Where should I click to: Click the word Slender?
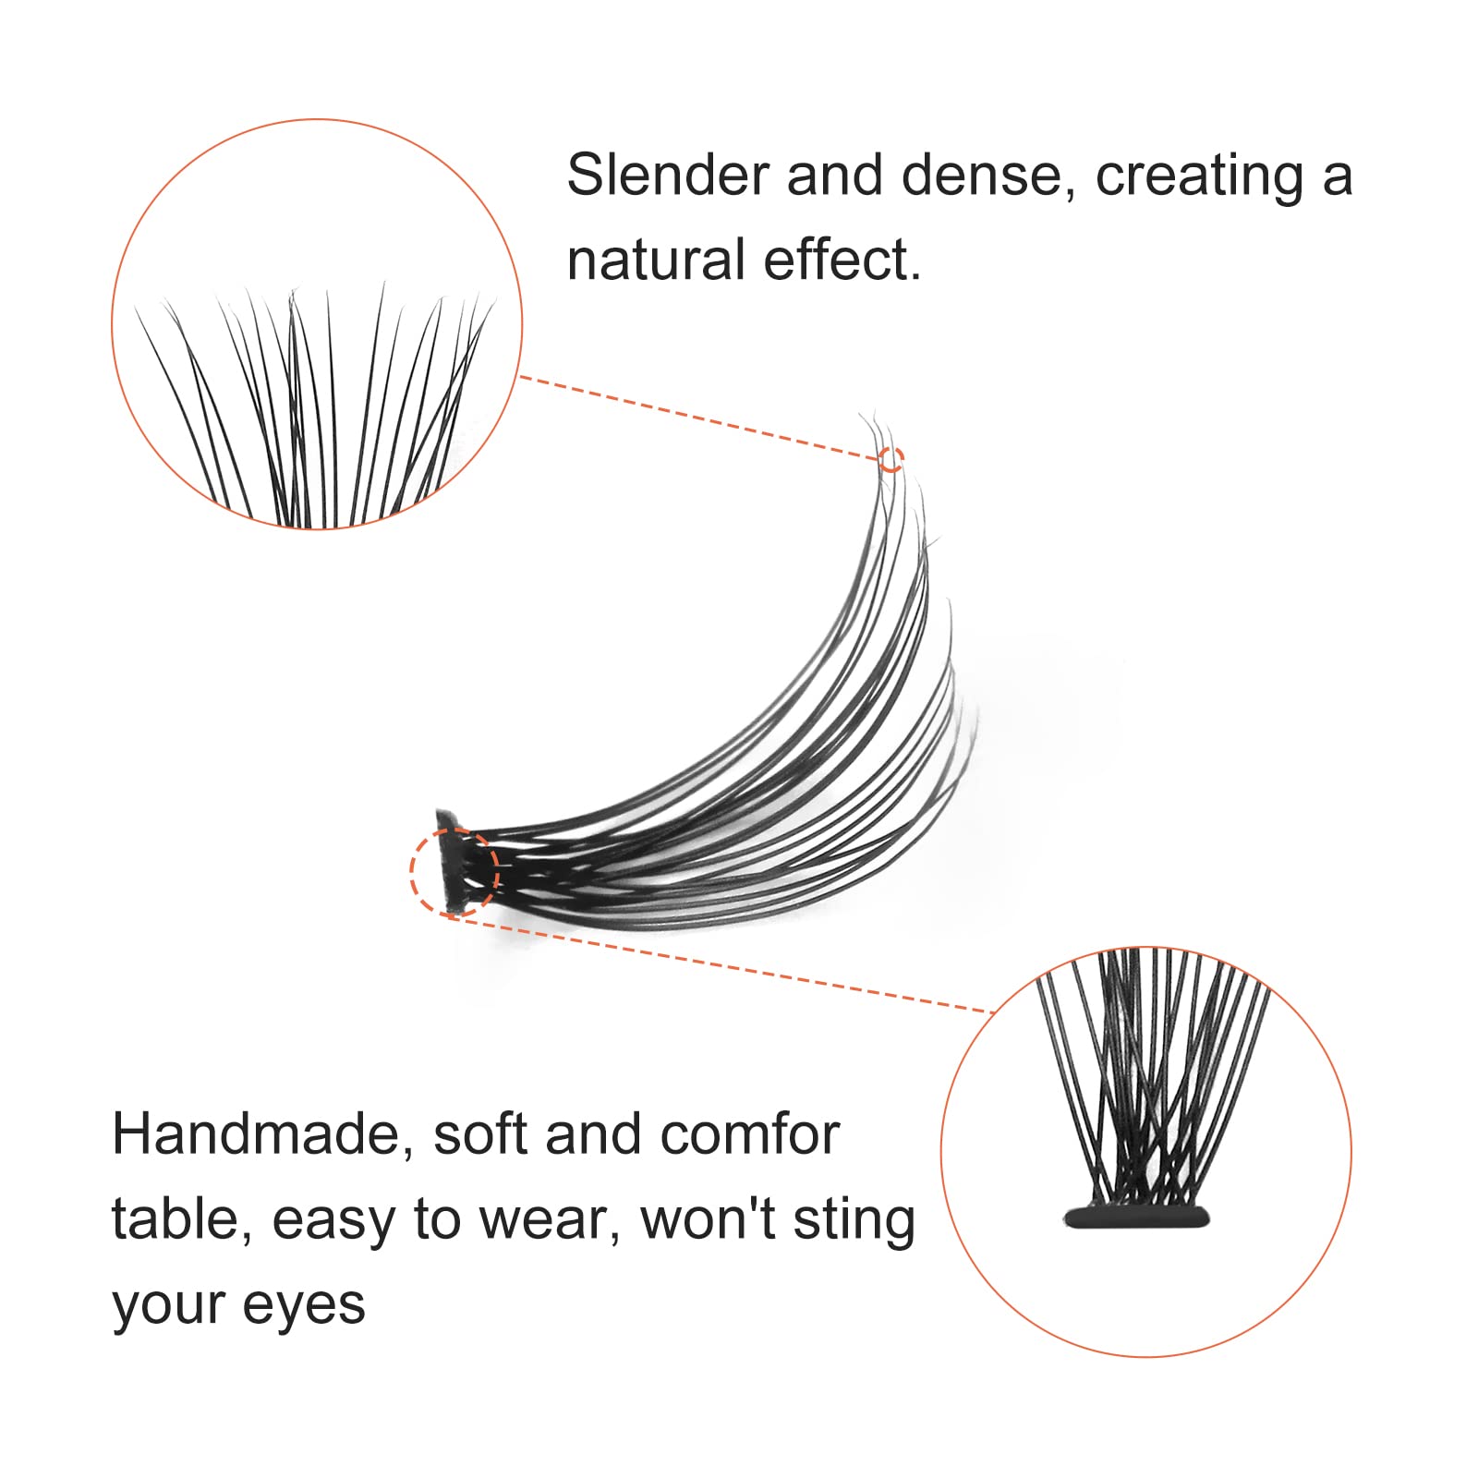(x=668, y=175)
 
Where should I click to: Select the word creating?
(x=1200, y=176)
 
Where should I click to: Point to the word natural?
(x=657, y=260)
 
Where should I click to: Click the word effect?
(x=842, y=260)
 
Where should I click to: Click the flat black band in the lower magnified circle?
(x=1136, y=1217)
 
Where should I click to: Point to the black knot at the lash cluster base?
(x=450, y=859)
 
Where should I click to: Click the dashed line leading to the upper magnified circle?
(x=698, y=417)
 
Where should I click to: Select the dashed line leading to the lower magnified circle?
(x=723, y=963)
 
